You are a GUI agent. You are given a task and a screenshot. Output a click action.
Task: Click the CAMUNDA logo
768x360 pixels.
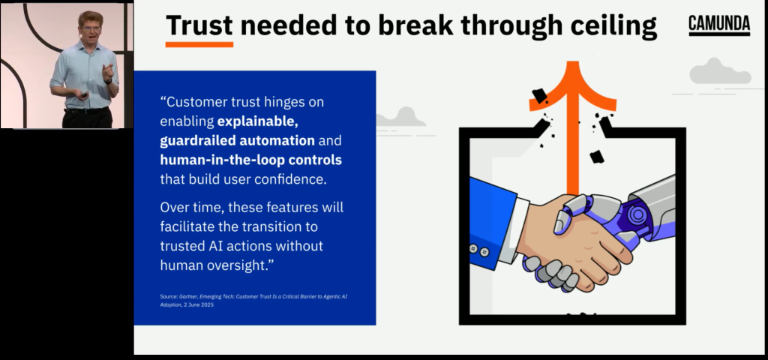pos(719,25)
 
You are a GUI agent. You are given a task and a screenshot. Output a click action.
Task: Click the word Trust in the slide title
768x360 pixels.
pos(199,25)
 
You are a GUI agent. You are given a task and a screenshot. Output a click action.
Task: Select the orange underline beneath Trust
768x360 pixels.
pos(199,44)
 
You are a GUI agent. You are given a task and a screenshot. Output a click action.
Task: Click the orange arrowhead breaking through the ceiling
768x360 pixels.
pos(572,85)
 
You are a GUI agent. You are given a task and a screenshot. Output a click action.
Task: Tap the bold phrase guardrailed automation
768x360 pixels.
pos(238,140)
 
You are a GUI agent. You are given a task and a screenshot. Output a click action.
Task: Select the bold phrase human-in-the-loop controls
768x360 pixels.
pos(250,160)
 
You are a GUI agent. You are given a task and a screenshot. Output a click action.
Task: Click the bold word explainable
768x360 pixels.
pos(258,121)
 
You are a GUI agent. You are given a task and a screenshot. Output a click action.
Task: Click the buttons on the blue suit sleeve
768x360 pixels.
pos(479,250)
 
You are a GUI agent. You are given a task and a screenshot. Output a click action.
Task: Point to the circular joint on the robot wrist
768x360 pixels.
pos(637,214)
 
